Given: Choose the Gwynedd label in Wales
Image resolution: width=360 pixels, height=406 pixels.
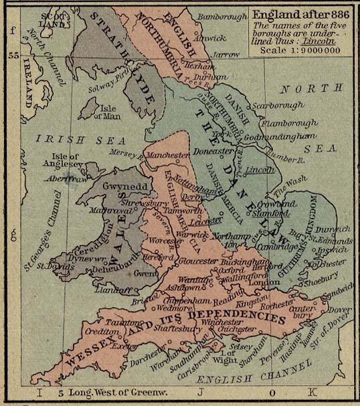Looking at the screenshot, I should point(120,185).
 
